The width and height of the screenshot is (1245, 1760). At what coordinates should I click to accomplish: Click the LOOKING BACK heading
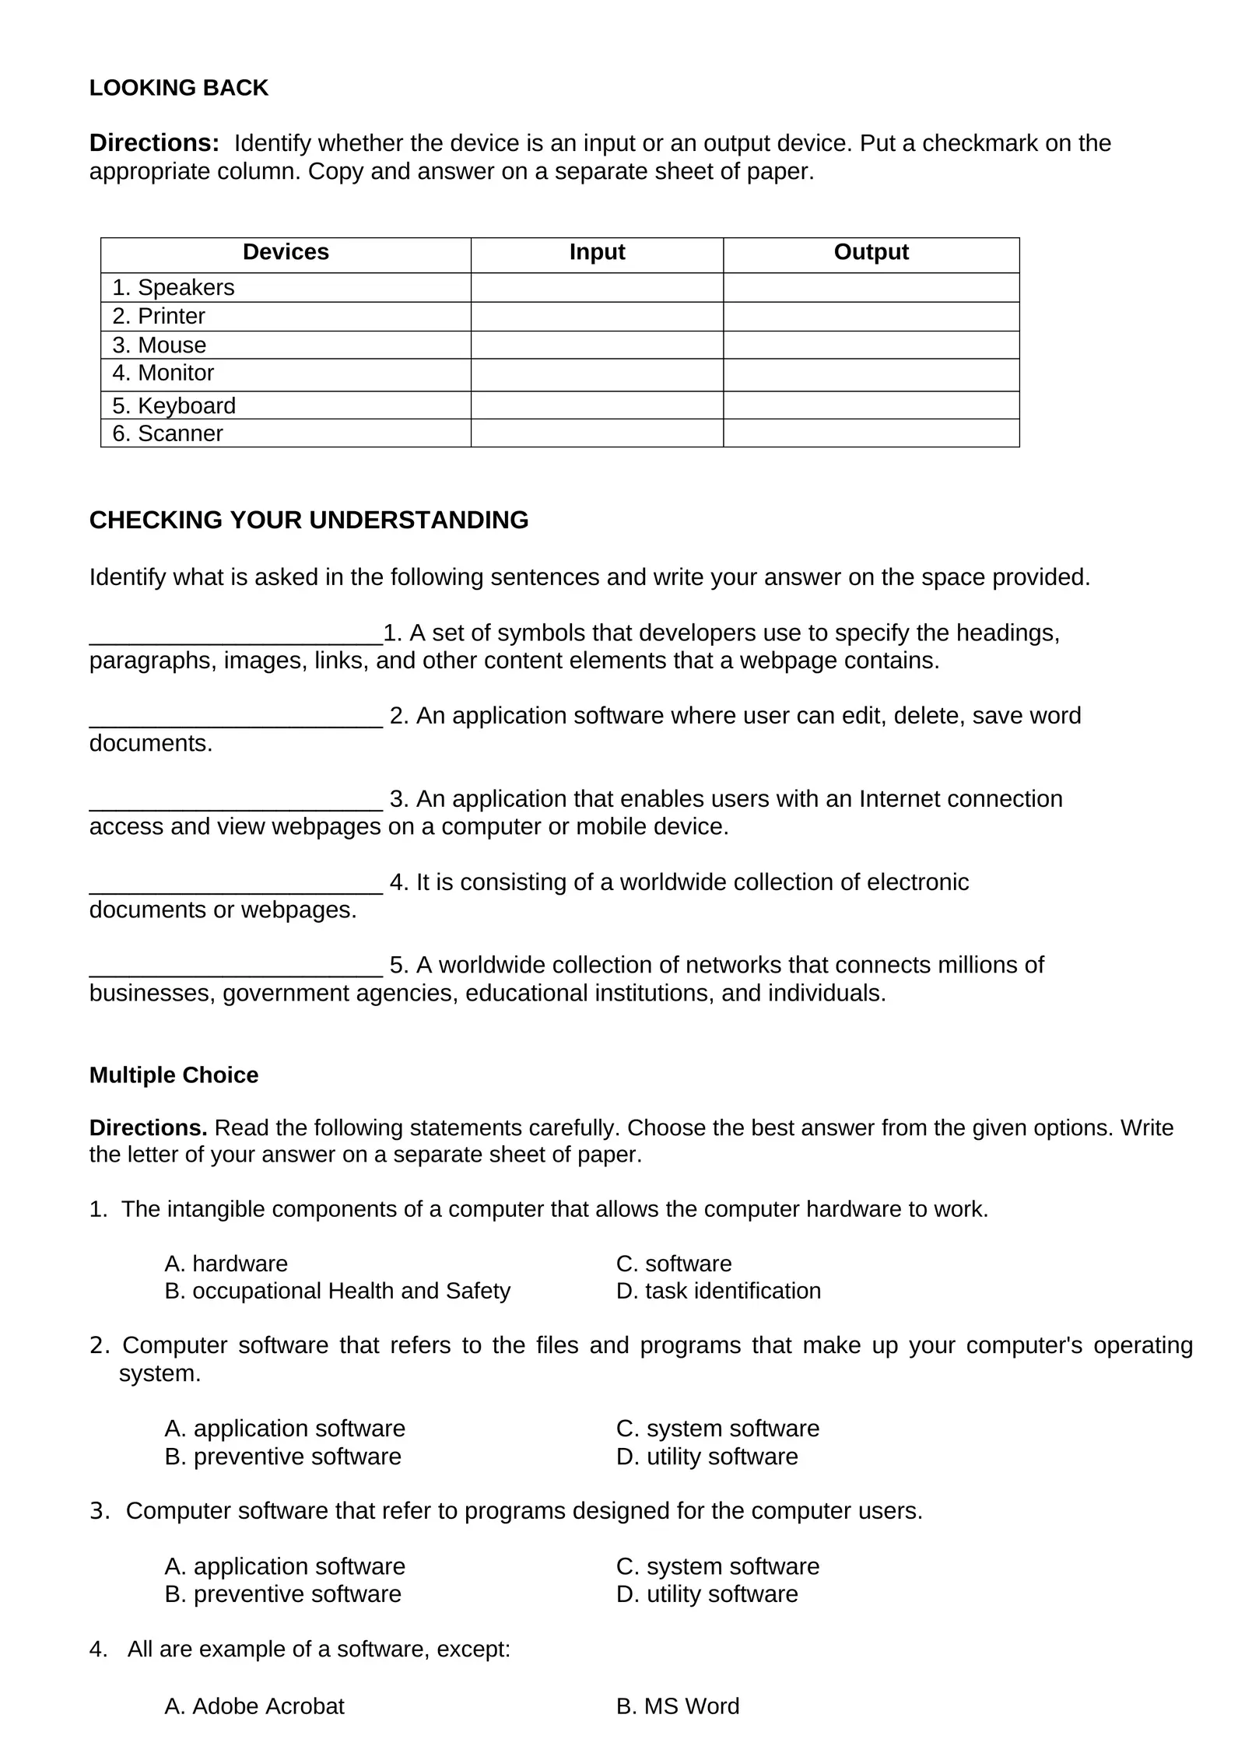[178, 88]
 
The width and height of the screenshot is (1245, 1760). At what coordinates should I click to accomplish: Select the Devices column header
[286, 252]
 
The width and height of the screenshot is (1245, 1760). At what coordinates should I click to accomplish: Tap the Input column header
[597, 252]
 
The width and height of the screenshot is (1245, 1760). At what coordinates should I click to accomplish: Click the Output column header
[871, 252]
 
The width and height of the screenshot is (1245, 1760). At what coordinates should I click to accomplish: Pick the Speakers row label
[173, 288]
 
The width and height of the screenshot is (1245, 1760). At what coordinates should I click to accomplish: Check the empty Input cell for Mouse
[597, 345]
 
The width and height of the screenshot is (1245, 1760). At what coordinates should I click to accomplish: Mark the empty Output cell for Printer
[871, 317]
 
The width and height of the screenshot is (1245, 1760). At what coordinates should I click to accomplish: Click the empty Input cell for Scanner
[597, 433]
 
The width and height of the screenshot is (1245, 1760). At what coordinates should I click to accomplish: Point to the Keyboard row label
[174, 405]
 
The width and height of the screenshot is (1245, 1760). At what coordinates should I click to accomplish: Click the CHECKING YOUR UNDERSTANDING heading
[309, 520]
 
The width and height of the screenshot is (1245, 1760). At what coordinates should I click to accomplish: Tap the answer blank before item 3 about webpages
[236, 801]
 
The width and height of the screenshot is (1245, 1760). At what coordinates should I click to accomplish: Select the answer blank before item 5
[236, 968]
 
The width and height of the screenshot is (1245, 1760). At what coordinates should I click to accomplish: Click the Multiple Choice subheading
[174, 1075]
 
